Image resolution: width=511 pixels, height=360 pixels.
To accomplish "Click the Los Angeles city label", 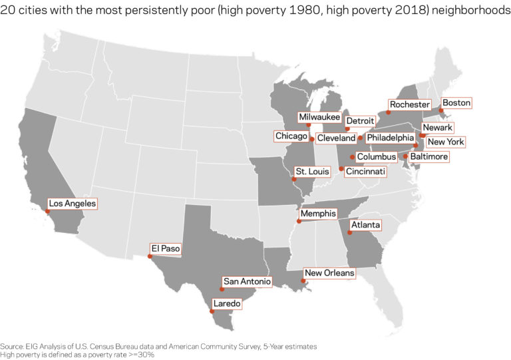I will tap(72, 204).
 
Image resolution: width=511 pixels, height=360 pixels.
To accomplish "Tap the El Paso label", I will tap(166, 249).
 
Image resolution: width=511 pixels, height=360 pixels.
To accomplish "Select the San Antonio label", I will tap(247, 282).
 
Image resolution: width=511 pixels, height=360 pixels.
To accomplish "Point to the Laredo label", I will tap(228, 303).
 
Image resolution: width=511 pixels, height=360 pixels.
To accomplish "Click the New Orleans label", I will tap(329, 273).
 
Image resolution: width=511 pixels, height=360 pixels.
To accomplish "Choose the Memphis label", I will tap(317, 214).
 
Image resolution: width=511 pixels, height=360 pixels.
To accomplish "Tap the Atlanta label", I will tap(366, 226).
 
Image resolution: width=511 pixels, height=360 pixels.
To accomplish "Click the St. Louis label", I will tap(313, 172).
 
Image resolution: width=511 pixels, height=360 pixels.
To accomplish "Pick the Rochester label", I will tap(410, 104).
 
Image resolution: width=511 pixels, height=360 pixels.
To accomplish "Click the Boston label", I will tap(456, 103).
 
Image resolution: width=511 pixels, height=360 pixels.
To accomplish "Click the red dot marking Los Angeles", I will tap(47, 211).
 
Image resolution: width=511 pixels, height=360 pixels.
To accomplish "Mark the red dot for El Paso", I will tap(150, 256).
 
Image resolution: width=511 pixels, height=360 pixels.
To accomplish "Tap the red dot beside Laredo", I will tap(212, 311).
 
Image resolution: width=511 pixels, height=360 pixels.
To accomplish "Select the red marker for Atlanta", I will tap(349, 233).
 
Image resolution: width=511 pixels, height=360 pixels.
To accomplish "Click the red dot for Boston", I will tap(440, 110).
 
